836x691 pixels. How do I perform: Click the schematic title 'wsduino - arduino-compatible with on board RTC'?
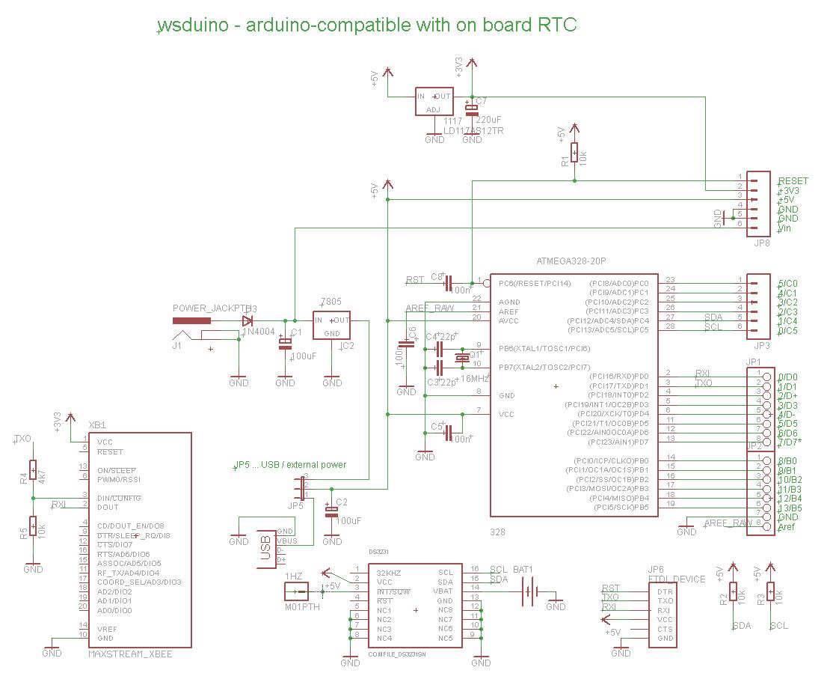pyautogui.click(x=367, y=25)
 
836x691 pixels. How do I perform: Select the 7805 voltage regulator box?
pyautogui.click(x=332, y=326)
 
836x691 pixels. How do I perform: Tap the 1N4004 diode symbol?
pyautogui.click(x=248, y=320)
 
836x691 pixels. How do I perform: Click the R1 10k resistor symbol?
pyautogui.click(x=574, y=153)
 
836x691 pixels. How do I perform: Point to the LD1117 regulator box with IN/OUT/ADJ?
pyautogui.click(x=434, y=102)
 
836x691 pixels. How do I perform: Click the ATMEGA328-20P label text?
pyautogui.click(x=571, y=261)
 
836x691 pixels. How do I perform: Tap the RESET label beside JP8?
pyautogui.click(x=793, y=181)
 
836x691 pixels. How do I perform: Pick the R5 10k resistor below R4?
pyautogui.click(x=33, y=527)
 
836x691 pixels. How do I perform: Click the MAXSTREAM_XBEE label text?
pyautogui.click(x=131, y=654)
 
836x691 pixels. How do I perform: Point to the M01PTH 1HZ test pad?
pyautogui.click(x=301, y=592)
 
